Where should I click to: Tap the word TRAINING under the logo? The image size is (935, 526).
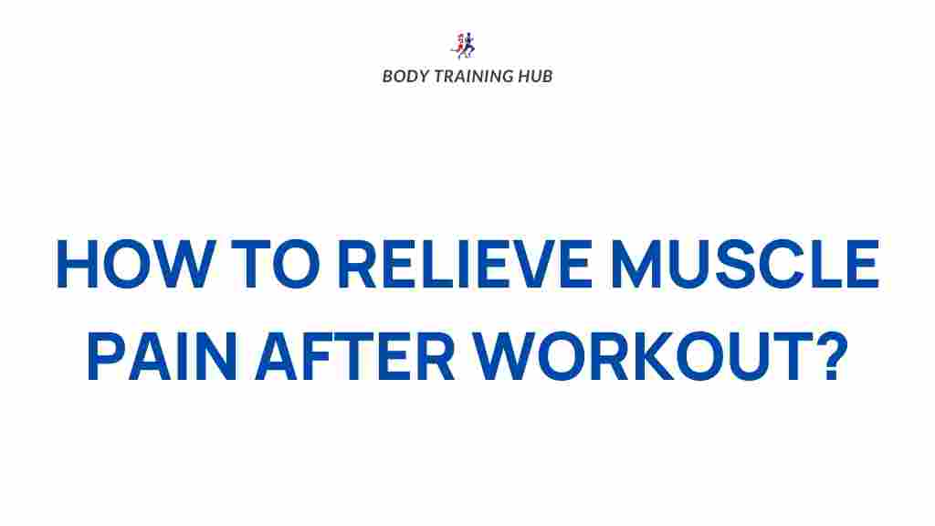coord(473,76)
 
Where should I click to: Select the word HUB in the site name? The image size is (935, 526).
coord(536,76)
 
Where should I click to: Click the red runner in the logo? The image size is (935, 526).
coord(460,44)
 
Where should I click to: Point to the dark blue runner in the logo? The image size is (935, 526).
coord(470,44)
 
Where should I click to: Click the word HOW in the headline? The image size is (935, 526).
coord(119,266)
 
